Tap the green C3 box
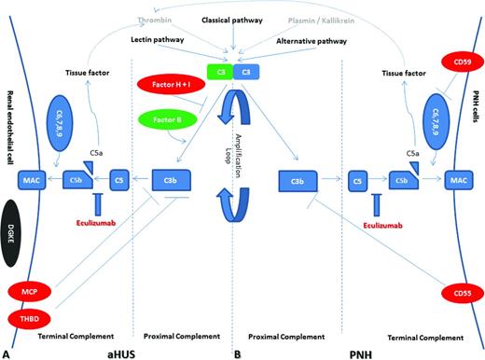coord(220,71)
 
